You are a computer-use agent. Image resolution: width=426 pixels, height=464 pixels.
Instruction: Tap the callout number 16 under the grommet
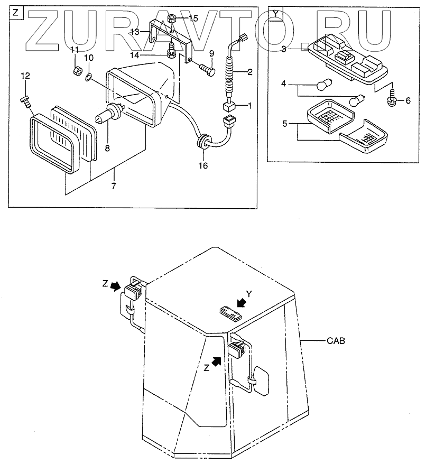pyautogui.click(x=203, y=165)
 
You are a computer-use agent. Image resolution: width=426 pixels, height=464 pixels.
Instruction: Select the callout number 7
pyautogui.click(x=114, y=186)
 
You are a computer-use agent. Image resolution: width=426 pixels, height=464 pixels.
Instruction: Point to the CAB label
pyautogui.click(x=335, y=341)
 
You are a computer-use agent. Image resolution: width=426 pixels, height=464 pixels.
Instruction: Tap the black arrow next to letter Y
pyautogui.click(x=242, y=303)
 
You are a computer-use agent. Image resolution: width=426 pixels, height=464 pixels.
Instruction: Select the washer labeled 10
pyautogui.click(x=89, y=79)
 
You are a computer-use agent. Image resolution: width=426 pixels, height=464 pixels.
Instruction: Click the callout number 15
pyautogui.click(x=193, y=18)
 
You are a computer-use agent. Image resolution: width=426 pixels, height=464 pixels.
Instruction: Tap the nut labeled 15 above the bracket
pyautogui.click(x=172, y=20)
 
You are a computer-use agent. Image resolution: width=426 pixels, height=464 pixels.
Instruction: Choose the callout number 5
pyautogui.click(x=284, y=125)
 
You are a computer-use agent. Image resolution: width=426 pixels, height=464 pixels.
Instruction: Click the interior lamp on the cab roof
pyautogui.click(x=230, y=312)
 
